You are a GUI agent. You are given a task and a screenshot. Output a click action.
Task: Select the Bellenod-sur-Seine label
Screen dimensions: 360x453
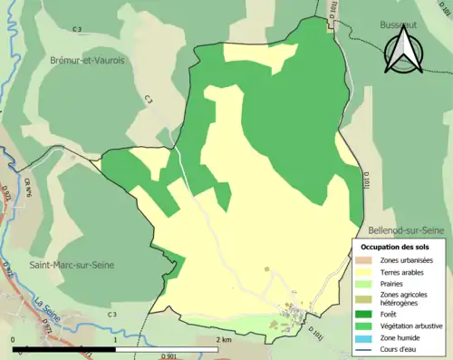[405, 230]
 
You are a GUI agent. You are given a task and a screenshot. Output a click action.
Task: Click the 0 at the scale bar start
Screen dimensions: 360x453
[14, 339]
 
